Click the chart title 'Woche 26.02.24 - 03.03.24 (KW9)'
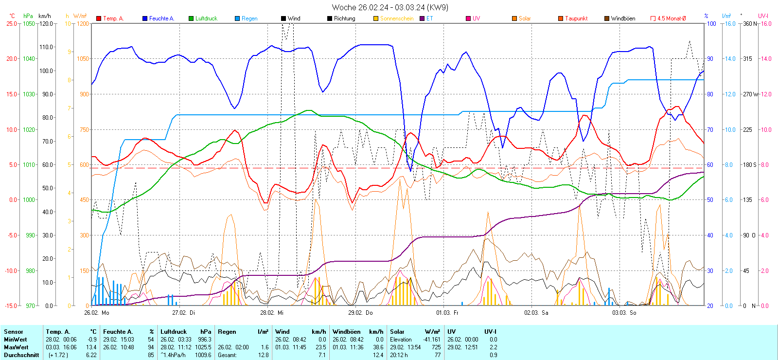point(390,7)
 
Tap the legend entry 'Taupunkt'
point(576,18)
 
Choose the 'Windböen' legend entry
point(623,18)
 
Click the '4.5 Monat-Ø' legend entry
point(671,18)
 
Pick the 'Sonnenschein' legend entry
point(397,18)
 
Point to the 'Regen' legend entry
point(249,18)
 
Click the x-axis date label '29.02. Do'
point(360,313)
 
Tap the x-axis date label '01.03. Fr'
point(447,313)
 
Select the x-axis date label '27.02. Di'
point(184,313)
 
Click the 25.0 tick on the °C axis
point(11,23)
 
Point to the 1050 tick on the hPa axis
point(29,23)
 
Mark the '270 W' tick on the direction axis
point(750,94)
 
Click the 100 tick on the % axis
point(711,23)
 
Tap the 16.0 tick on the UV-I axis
point(766,23)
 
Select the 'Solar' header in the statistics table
point(397,332)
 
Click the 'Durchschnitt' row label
point(21,355)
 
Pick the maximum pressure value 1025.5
point(205,347)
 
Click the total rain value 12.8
point(263,355)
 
